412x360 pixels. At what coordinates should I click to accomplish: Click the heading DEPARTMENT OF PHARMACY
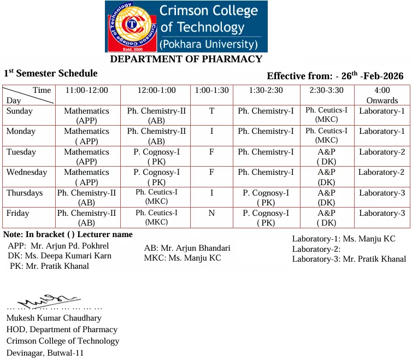point(186,59)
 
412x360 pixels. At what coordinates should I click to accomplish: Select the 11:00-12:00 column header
point(86,90)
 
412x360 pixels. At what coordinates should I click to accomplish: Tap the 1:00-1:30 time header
point(211,90)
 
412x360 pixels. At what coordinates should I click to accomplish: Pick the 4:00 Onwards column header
point(382,95)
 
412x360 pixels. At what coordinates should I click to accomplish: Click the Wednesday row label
point(27,173)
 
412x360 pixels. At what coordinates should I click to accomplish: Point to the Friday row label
point(18,214)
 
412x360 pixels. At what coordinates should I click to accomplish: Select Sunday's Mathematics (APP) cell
point(86,116)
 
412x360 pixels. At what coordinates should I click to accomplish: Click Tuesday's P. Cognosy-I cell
point(156,157)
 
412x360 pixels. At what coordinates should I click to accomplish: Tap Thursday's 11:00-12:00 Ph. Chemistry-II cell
point(86,197)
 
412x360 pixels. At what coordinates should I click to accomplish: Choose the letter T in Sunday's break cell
point(211,111)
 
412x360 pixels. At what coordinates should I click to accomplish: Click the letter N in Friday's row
point(211,214)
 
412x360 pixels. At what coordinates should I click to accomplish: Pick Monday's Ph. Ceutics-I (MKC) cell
point(326,135)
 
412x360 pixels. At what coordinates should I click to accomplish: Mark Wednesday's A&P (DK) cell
point(326,177)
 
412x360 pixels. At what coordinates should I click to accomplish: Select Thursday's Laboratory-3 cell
point(382,193)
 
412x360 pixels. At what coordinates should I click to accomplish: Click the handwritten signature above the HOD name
point(46,300)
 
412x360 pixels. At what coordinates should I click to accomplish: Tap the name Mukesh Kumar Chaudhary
point(54,318)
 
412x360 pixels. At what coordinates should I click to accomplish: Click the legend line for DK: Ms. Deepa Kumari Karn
point(60,256)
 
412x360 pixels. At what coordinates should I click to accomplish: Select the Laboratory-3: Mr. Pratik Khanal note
point(349,259)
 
